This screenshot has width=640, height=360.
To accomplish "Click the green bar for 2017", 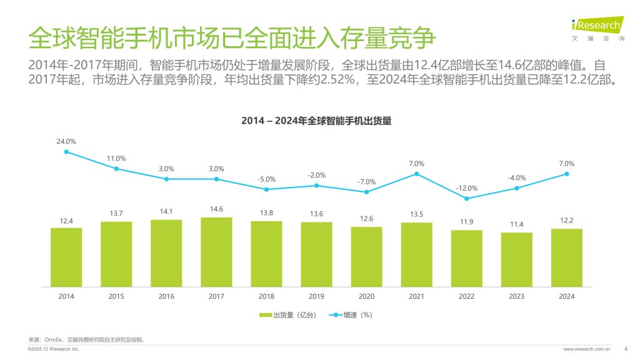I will pyautogui.click(x=216, y=252).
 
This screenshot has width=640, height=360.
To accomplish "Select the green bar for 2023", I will pyautogui.click(x=516, y=259).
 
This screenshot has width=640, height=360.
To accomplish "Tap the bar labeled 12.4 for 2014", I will pyautogui.click(x=66, y=257).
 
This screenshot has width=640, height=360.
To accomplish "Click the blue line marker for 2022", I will pyautogui.click(x=466, y=199).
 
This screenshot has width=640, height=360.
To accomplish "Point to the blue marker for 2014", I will pyautogui.click(x=66, y=152).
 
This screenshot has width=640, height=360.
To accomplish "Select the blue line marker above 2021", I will pyautogui.click(x=416, y=174).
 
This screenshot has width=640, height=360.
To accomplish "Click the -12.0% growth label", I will pyautogui.click(x=467, y=188).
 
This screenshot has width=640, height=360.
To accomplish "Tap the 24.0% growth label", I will pyautogui.click(x=66, y=141).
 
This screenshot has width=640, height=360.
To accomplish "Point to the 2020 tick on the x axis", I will pyautogui.click(x=366, y=296).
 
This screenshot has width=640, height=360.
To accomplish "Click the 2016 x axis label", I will pyautogui.click(x=166, y=296).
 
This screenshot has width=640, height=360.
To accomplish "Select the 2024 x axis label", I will pyautogui.click(x=566, y=296).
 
